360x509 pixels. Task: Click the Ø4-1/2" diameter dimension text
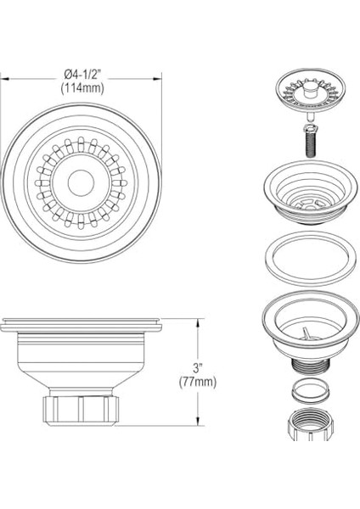point(81,75)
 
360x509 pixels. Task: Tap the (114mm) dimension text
point(82,88)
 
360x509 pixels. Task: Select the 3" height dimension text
point(198,368)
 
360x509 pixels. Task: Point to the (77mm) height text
point(198,382)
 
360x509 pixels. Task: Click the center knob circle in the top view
point(81,182)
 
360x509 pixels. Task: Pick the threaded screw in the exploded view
point(309,141)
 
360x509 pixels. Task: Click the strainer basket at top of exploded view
point(310,90)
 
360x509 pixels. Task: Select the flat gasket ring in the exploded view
point(310,259)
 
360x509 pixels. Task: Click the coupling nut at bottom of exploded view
point(310,425)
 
